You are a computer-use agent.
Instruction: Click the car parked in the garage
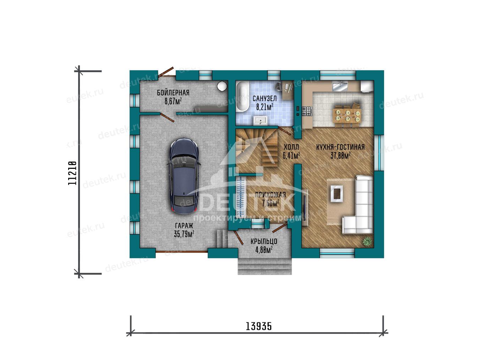[184, 176]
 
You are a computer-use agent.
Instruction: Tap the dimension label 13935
[259, 326]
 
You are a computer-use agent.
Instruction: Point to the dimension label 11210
[72, 173]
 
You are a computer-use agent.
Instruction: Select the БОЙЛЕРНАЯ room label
[173, 93]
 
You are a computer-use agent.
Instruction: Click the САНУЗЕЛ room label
[264, 99]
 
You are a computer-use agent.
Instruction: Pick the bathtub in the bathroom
[242, 96]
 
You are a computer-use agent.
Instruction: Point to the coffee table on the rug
[337, 194]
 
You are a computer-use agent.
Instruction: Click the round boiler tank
[222, 86]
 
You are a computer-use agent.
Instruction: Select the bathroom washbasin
[260, 120]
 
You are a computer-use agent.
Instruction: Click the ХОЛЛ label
[291, 147]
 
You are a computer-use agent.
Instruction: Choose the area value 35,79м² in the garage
[184, 234]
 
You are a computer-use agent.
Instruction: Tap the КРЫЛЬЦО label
[264, 242]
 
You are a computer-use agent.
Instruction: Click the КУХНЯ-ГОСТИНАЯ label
[340, 147]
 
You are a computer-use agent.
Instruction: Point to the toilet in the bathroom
[278, 86]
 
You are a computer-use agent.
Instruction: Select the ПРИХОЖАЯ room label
[270, 195]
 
